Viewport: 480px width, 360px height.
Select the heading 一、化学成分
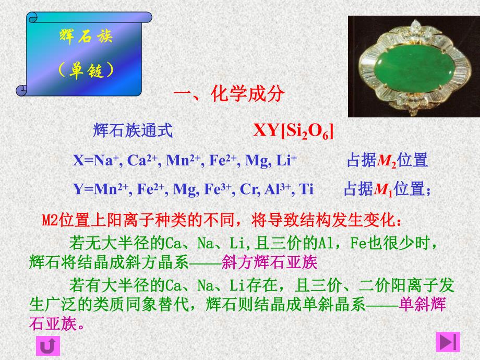pos(229,94)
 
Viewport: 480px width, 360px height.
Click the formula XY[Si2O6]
pos(293,130)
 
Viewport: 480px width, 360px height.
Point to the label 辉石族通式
pos(133,130)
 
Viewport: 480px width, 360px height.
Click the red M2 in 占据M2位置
pos(387,161)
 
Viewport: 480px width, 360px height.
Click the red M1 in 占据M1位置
pos(383,189)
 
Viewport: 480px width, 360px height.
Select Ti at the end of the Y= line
pos(307,189)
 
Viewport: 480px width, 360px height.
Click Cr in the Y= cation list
pos(246,189)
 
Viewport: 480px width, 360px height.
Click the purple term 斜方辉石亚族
pos(269,261)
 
